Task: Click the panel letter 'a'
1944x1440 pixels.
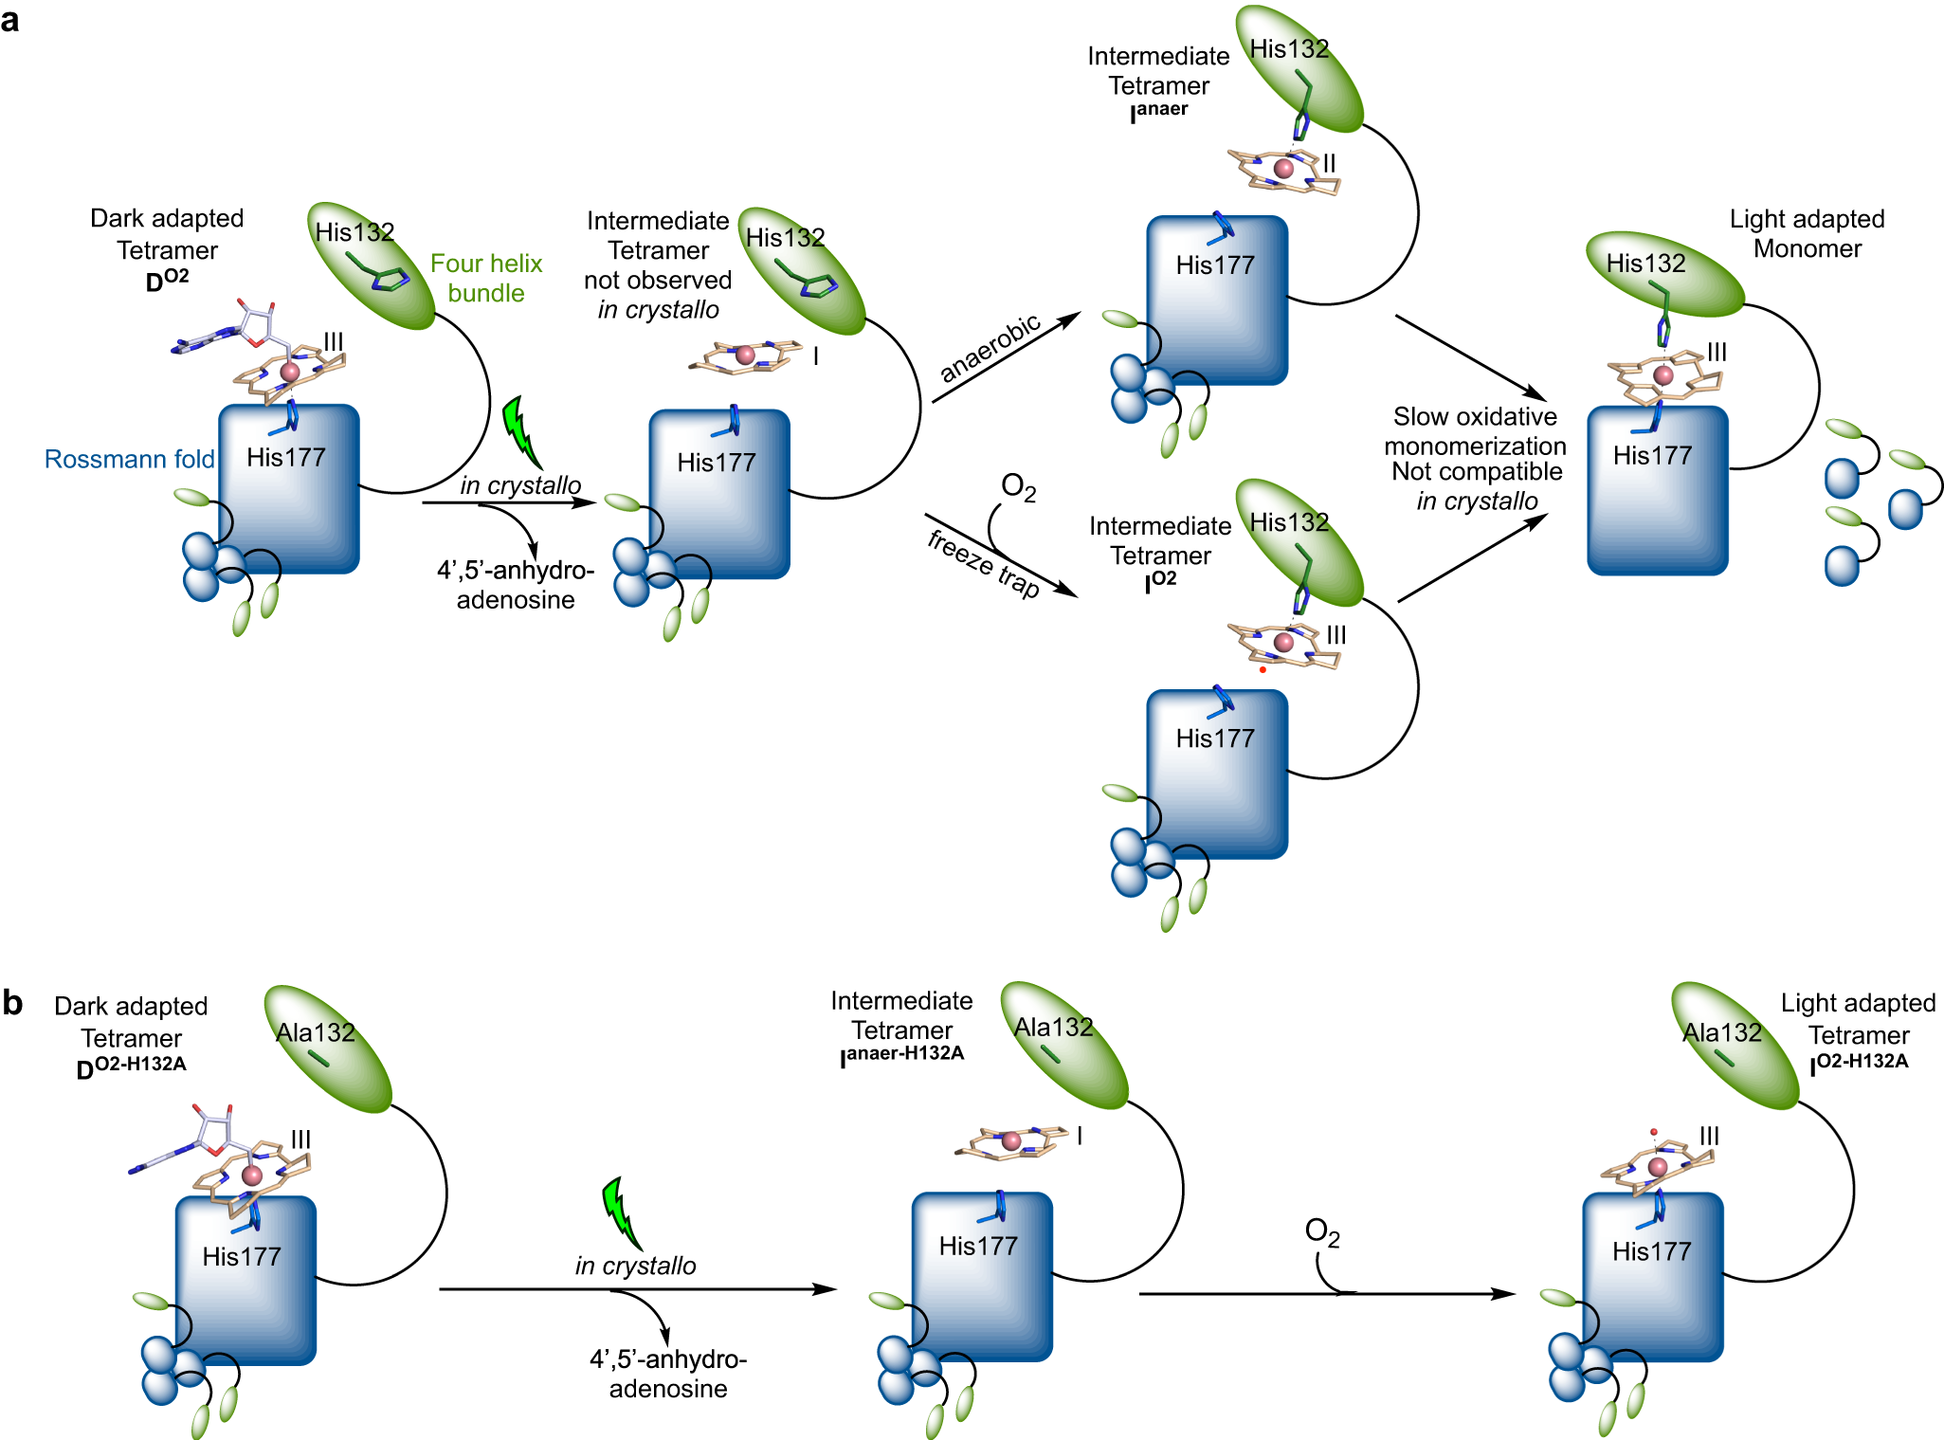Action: [10, 19]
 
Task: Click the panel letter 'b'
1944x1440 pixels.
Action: [12, 1002]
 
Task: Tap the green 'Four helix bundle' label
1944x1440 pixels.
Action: [485, 278]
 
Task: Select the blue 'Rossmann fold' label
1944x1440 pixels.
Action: [129, 459]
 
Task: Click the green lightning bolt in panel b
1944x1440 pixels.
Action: [621, 1213]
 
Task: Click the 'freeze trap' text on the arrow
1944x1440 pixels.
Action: [983, 563]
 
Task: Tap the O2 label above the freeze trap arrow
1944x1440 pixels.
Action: [1018, 487]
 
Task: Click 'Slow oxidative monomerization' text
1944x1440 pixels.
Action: [1475, 431]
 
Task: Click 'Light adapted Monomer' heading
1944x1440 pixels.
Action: [1807, 233]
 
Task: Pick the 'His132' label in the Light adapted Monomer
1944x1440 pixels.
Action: [1645, 263]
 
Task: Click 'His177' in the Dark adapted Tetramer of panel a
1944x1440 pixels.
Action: [285, 457]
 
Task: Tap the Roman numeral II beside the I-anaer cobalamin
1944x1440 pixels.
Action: [1329, 163]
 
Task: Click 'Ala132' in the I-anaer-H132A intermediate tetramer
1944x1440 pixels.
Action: [1053, 1027]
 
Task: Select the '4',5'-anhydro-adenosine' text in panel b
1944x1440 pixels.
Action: [667, 1374]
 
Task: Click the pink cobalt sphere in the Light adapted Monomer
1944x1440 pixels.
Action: [1662, 375]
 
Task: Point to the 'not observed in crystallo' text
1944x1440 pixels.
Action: [658, 295]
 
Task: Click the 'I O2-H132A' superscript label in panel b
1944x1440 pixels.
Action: [1859, 1063]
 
